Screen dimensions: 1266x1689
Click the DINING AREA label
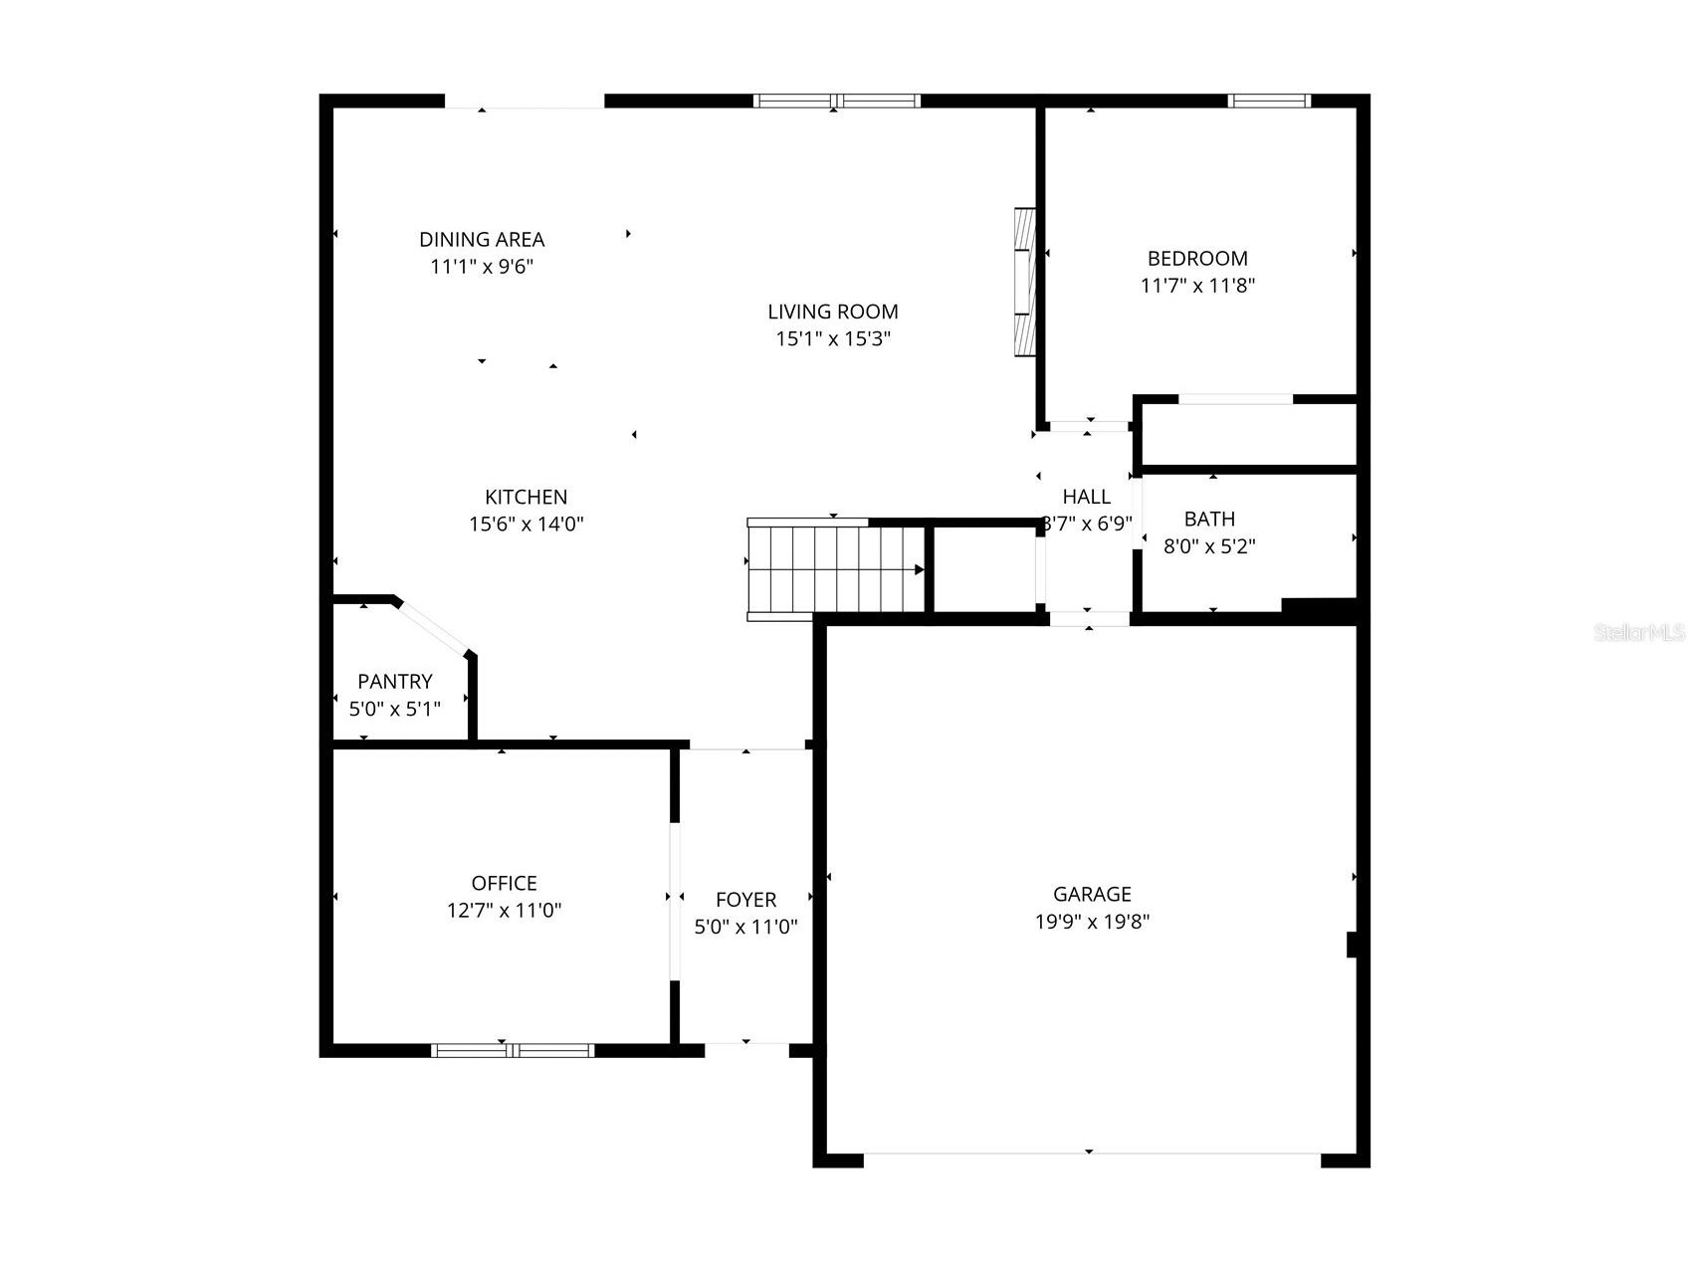pos(482,239)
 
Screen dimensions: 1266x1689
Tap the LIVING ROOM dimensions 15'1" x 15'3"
pos(833,338)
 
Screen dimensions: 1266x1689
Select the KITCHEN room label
pos(526,497)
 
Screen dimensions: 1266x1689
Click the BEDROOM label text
pos(1197,258)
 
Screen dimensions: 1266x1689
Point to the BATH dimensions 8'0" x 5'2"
pos(1209,545)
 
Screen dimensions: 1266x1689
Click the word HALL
pos(1086,497)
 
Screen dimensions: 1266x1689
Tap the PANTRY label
pos(395,681)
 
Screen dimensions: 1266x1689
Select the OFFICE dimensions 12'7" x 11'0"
pos(504,910)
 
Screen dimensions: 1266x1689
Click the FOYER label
pos(745,900)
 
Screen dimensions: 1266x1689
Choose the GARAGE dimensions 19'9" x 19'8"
pos(1092,921)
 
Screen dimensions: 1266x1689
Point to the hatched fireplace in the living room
pos(1024,282)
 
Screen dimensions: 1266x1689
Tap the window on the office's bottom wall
pos(513,1050)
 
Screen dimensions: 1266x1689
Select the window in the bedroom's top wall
pos(1269,101)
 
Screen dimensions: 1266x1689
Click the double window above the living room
pos(836,101)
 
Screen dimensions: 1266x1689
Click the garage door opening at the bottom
pos(1091,1155)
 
